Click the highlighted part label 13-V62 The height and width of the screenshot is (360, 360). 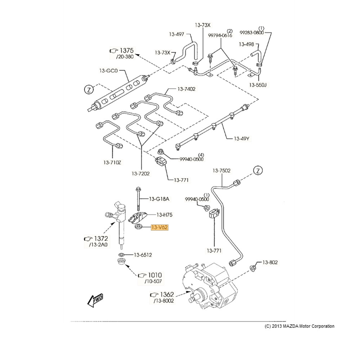click(159, 228)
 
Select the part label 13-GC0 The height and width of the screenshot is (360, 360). click(108, 71)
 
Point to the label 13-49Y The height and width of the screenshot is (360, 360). click(242, 139)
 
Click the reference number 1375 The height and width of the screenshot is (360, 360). click(127, 50)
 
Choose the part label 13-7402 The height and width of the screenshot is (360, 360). click(186, 89)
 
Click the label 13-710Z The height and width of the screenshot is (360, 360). click(112, 163)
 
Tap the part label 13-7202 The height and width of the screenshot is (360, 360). click(140, 174)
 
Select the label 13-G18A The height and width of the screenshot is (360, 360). click(159, 199)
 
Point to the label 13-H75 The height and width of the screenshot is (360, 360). click(164, 215)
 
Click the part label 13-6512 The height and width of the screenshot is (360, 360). click(143, 255)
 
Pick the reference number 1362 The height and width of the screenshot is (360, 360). click(167, 294)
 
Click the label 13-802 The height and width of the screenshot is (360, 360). click(270, 262)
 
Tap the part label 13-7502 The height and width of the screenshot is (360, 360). click(221, 171)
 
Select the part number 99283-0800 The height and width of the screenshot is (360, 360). click(252, 33)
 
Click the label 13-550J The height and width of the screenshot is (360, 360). click(258, 85)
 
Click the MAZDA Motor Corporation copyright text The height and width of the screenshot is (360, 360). click(300, 326)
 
